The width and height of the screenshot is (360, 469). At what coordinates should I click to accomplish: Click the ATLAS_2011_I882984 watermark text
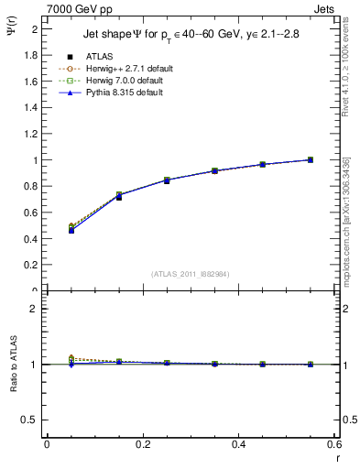pos(191,273)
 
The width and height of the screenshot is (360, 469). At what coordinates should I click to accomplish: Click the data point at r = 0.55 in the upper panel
pos(311,160)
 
